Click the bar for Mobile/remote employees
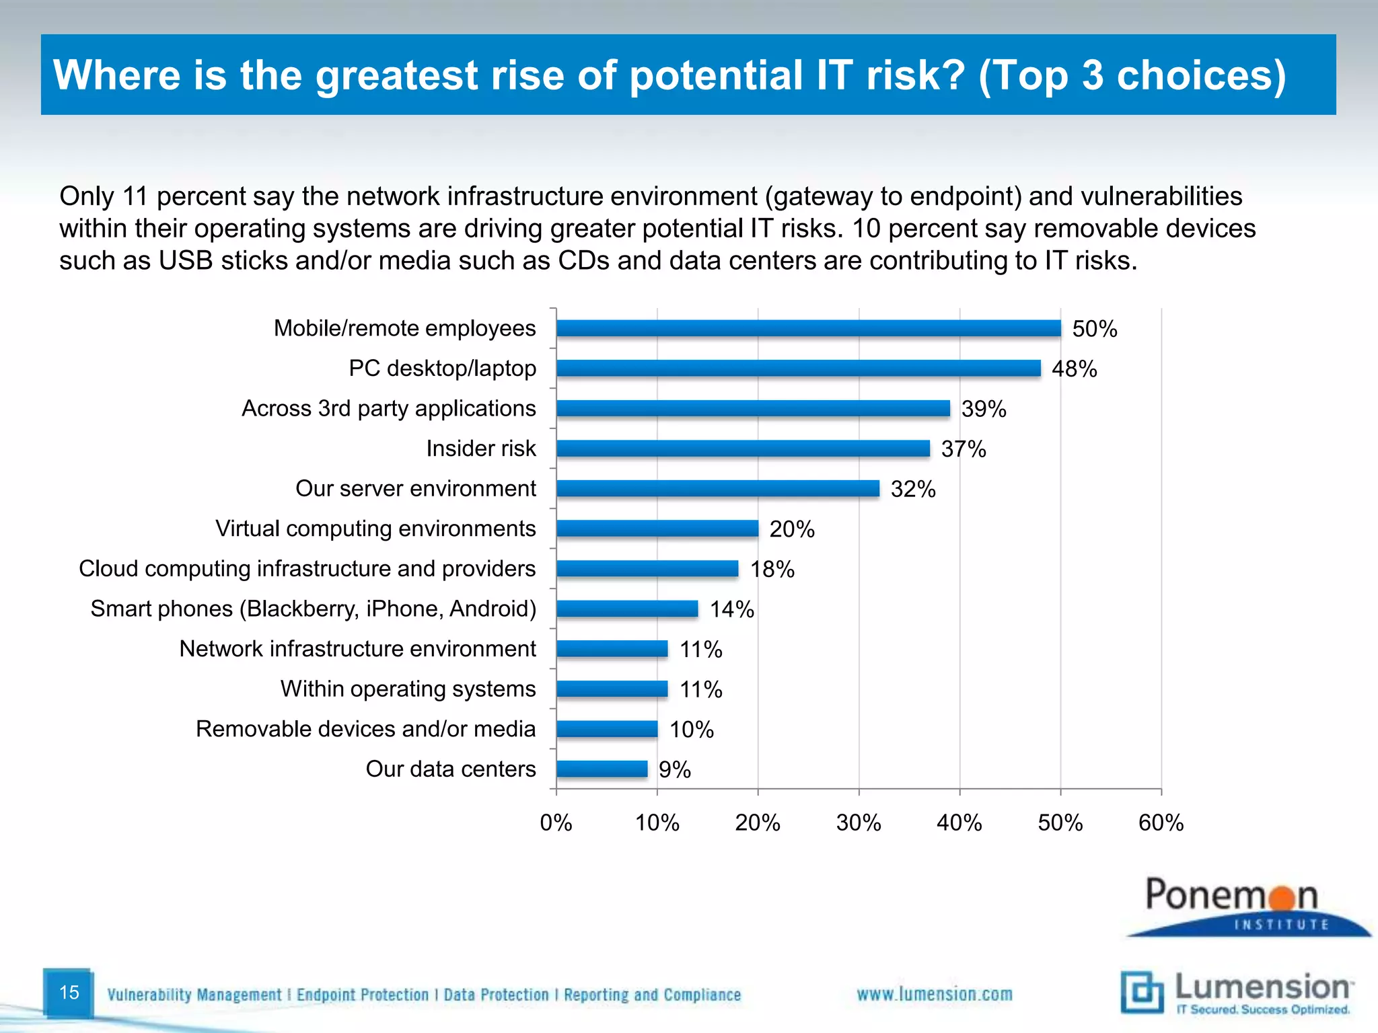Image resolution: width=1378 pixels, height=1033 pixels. click(x=807, y=328)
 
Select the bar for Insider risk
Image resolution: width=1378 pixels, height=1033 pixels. click(x=743, y=449)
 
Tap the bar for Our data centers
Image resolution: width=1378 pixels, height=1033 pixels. click(x=602, y=769)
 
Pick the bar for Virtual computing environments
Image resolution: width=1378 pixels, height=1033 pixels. click(x=657, y=529)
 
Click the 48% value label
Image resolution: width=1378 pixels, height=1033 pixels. click(x=1074, y=369)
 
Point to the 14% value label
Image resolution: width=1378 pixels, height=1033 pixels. click(x=731, y=609)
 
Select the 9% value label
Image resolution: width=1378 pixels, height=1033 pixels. click(x=674, y=770)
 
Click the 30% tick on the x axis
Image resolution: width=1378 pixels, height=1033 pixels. click(x=859, y=822)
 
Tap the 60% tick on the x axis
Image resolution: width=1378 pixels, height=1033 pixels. click(x=1161, y=822)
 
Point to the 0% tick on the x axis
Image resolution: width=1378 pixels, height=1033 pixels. click(x=556, y=822)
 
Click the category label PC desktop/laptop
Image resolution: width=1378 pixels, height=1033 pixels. click(x=442, y=369)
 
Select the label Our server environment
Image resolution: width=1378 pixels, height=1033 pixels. click(x=415, y=489)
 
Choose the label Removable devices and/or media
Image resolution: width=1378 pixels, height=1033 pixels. click(x=365, y=729)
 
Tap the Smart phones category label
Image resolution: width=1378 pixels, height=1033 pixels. click(x=313, y=609)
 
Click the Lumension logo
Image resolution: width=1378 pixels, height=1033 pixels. click(x=1237, y=993)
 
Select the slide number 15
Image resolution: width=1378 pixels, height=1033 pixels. click(x=69, y=993)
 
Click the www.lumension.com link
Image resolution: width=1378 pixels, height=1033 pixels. click(x=934, y=995)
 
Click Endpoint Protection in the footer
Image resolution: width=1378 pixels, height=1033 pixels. click(x=362, y=995)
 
